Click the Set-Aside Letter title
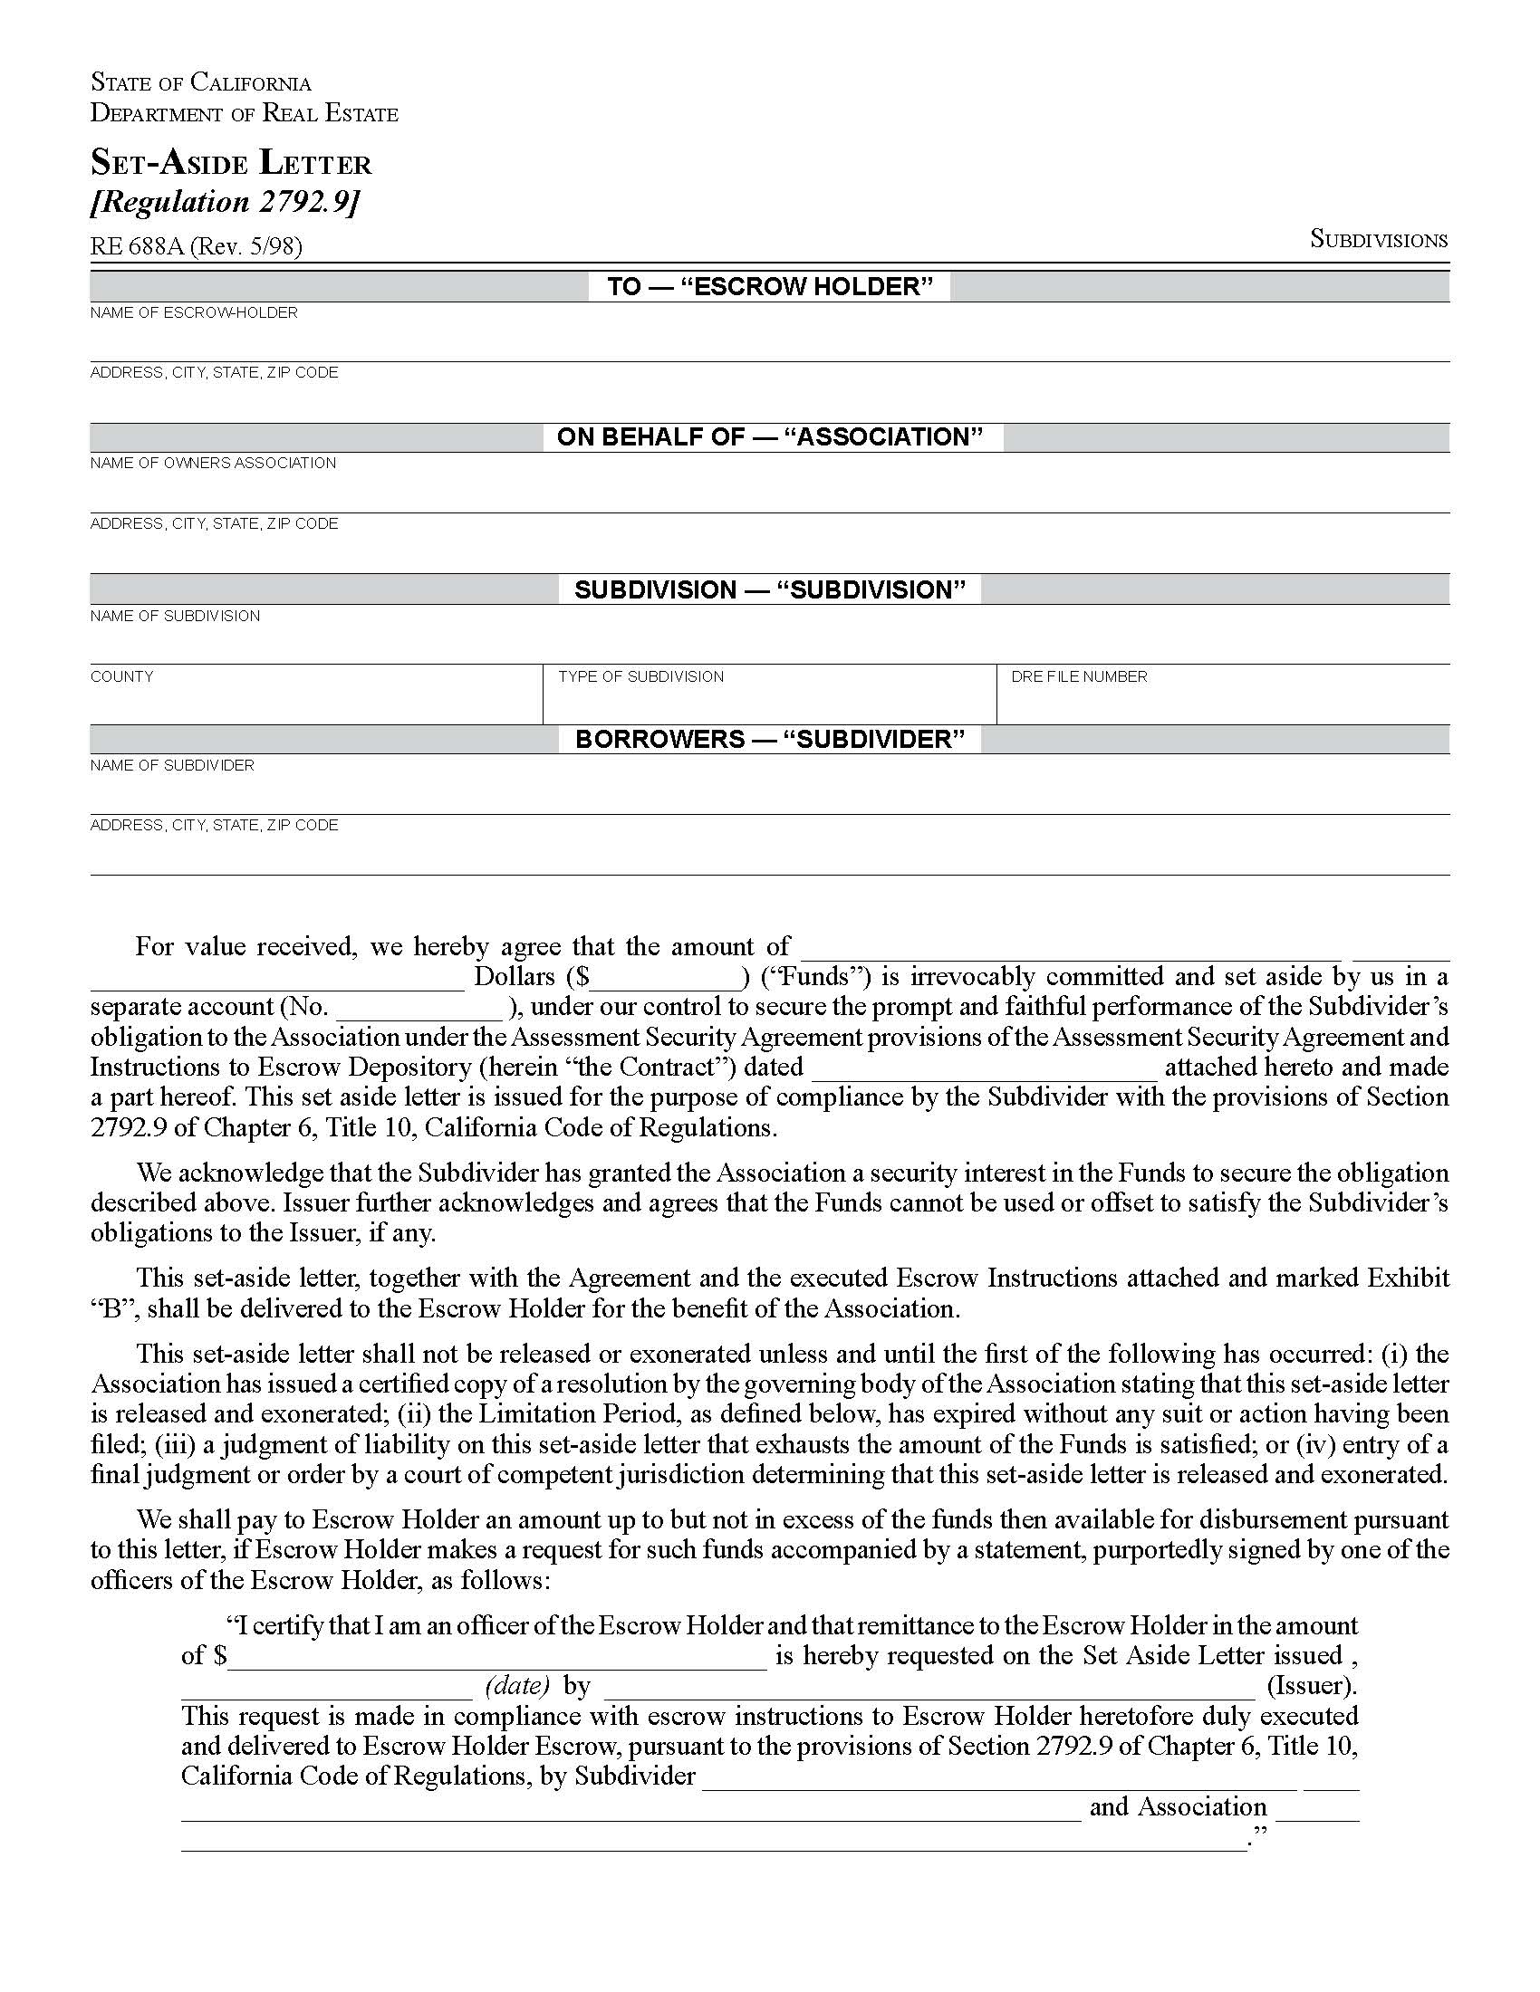[x=231, y=163]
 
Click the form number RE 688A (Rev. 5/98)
[x=196, y=246]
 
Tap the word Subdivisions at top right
[x=1378, y=239]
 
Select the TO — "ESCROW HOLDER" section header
[x=770, y=286]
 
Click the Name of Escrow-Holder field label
[x=194, y=313]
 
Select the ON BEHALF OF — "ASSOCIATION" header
[x=770, y=437]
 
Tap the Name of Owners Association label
[x=213, y=464]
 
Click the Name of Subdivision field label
[x=174, y=617]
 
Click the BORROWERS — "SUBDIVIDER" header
[x=770, y=739]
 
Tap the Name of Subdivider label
[x=171, y=765]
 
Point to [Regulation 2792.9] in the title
[x=225, y=202]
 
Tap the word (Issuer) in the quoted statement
[x=1312, y=1686]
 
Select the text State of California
[x=201, y=83]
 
